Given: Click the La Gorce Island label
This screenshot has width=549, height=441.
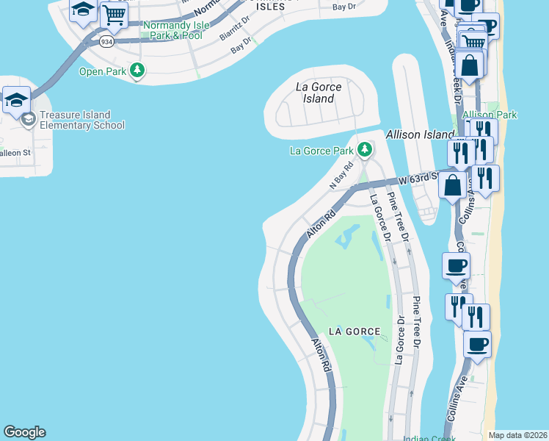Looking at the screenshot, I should pyautogui.click(x=319, y=93).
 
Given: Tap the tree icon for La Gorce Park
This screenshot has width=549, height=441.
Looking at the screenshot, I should pyautogui.click(x=365, y=151).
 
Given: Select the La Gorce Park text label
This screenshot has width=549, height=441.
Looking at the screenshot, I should pyautogui.click(x=321, y=151).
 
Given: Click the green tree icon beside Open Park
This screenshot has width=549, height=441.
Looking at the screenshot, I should pyautogui.click(x=137, y=71).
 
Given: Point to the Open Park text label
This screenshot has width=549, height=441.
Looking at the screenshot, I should pyautogui.click(x=103, y=71).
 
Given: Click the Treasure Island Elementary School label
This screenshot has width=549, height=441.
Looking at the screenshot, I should pyautogui.click(x=82, y=120).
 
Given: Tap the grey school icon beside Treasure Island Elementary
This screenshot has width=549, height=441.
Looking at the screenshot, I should pyautogui.click(x=28, y=120).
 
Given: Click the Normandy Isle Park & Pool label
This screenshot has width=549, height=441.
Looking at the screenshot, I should pyautogui.click(x=173, y=30).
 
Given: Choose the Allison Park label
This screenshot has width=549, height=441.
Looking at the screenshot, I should pyautogui.click(x=490, y=115).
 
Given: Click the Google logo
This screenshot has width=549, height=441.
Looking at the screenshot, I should pyautogui.click(x=25, y=432).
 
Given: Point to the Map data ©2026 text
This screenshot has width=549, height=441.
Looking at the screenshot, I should pyautogui.click(x=517, y=435).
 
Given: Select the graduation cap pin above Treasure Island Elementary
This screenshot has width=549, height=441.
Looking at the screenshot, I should pyautogui.click(x=15, y=99).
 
